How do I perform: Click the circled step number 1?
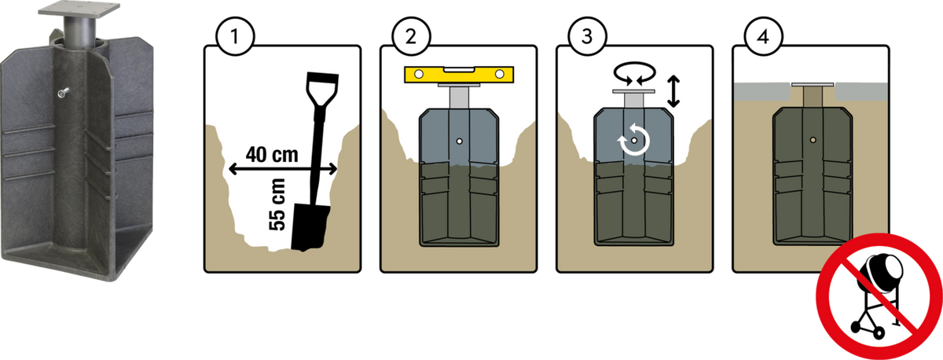235,37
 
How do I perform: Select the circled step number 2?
411,37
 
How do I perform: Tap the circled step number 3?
587,37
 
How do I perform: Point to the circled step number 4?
763,37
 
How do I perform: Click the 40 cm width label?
272,155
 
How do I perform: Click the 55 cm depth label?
277,204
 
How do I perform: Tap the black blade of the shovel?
309,227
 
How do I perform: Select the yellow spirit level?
459,75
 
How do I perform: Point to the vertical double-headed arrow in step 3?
673,91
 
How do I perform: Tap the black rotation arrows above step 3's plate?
635,72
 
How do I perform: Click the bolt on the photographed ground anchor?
63,93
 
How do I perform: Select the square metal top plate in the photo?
79,9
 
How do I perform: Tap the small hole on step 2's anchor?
460,141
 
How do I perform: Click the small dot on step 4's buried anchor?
813,140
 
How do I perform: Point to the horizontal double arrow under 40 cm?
282,169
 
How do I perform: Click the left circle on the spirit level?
419,75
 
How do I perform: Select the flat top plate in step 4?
813,85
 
